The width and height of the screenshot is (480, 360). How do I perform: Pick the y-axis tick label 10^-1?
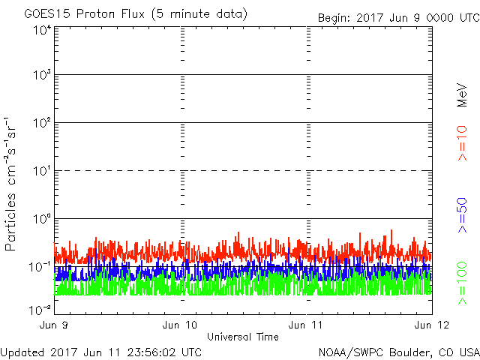(x=41, y=267)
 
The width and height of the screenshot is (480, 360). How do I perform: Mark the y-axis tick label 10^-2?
(x=41, y=310)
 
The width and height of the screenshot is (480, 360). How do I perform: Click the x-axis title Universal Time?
(x=243, y=337)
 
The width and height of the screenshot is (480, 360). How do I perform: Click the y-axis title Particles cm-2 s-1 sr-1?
(x=13, y=184)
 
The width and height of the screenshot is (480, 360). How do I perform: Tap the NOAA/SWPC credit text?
(x=398, y=351)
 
